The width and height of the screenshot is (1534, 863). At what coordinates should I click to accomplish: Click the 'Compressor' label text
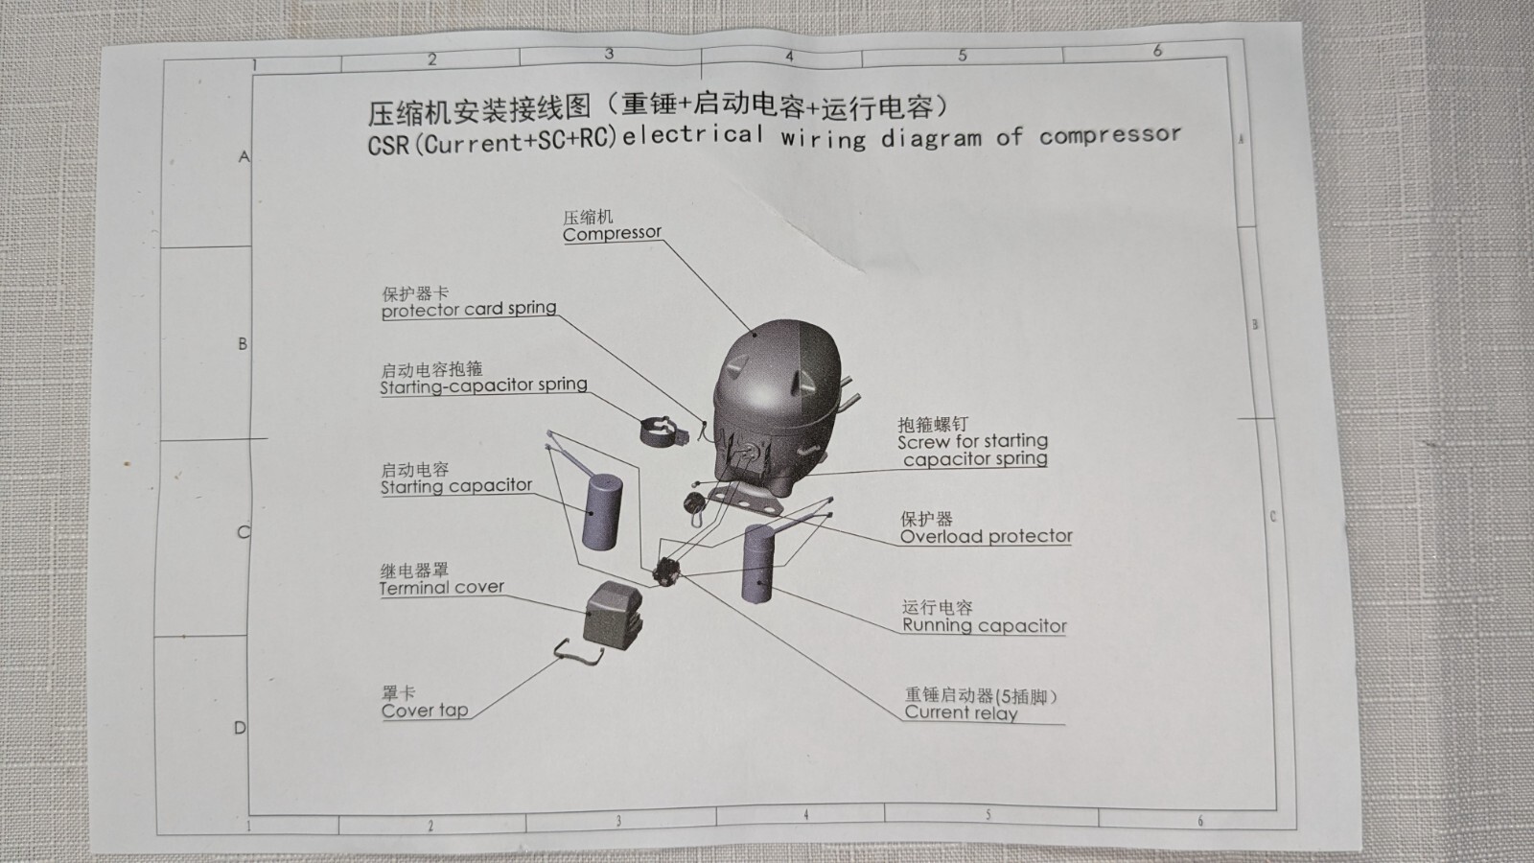612,234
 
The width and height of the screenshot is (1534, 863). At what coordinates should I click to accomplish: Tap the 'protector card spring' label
469,310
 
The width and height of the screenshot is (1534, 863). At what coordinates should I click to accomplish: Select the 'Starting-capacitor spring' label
483,385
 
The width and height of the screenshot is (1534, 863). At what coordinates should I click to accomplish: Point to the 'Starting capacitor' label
456,486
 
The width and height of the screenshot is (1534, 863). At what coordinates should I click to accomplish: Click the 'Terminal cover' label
442,588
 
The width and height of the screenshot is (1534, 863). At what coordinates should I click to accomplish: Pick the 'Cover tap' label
425,711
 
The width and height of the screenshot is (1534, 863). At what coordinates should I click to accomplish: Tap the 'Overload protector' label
987,536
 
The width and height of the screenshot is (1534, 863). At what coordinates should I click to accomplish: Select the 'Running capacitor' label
984,625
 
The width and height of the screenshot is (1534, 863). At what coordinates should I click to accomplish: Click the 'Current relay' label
961,713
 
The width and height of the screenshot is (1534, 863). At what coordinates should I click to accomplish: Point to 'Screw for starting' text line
972,441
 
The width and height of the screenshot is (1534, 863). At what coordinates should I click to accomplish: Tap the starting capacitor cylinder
601,512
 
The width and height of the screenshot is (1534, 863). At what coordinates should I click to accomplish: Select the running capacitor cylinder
758,564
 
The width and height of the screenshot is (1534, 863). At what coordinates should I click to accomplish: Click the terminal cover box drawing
613,615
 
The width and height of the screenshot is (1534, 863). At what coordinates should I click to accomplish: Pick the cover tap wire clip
579,652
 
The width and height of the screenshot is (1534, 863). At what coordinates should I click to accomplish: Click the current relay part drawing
665,571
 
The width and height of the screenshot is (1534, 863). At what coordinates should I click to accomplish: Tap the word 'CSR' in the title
388,145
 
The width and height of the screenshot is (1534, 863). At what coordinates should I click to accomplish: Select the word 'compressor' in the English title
1110,135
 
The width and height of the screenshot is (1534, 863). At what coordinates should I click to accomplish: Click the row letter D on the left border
240,728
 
